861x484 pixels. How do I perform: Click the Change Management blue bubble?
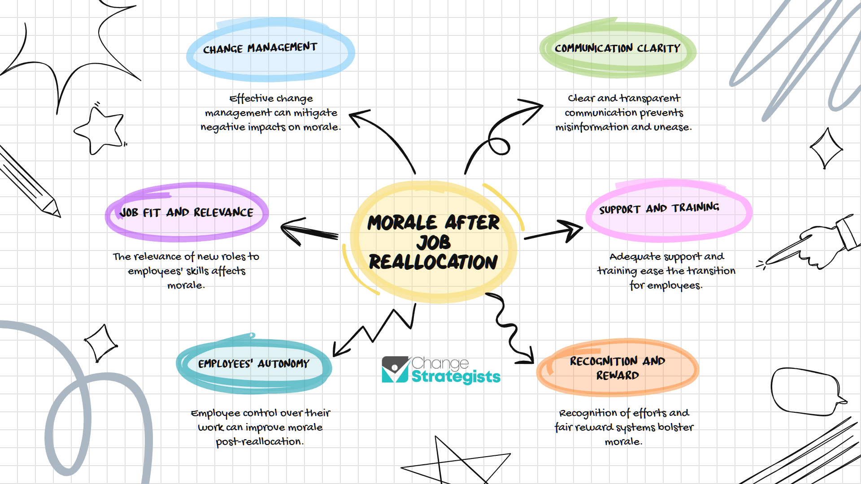coord(270,50)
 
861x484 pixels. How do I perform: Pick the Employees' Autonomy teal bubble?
coord(254,364)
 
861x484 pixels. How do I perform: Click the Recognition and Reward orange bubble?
coord(617,368)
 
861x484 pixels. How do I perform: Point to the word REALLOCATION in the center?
coord(433,262)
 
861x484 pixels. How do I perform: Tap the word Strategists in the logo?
coord(456,377)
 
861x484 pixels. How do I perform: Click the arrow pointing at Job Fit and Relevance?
coord(309,231)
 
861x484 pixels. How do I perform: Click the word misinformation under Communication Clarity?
coord(592,127)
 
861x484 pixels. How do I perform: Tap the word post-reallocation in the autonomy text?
coord(260,442)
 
